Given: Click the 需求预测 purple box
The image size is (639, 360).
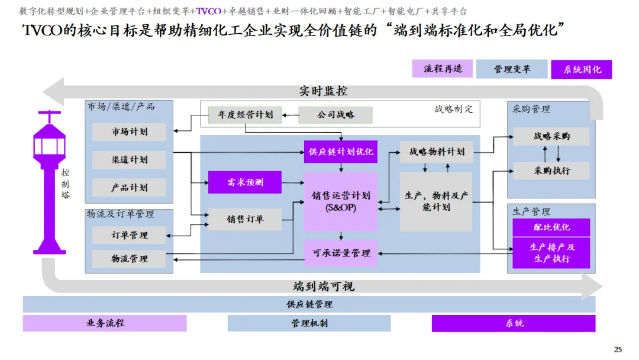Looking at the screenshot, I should (x=244, y=182).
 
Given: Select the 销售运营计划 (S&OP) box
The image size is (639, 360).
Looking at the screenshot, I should (x=341, y=201).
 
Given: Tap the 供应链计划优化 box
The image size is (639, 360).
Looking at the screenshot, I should (x=341, y=152).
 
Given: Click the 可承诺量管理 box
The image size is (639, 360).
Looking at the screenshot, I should (x=341, y=253).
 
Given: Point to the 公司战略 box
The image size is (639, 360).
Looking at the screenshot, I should (x=335, y=115).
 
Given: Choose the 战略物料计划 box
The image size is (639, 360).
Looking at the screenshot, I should (x=436, y=152).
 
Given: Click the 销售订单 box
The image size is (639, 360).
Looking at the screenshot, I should (x=244, y=219).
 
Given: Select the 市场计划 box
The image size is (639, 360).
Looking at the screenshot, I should (x=129, y=131).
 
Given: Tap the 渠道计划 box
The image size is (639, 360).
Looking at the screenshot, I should (x=129, y=159).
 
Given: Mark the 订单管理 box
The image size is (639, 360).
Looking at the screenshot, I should (x=129, y=235).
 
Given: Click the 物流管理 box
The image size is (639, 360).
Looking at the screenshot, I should (x=129, y=259).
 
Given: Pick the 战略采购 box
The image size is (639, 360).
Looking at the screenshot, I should (x=551, y=136).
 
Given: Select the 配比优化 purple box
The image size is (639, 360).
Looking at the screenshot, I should (x=551, y=227).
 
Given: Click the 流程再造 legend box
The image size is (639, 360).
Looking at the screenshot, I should (x=443, y=69).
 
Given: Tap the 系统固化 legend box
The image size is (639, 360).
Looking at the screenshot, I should (x=582, y=69).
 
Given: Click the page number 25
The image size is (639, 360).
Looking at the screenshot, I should (x=618, y=349).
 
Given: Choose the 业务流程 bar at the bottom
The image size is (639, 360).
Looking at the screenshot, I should (x=105, y=323).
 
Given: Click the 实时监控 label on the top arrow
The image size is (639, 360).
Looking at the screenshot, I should (x=323, y=91).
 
